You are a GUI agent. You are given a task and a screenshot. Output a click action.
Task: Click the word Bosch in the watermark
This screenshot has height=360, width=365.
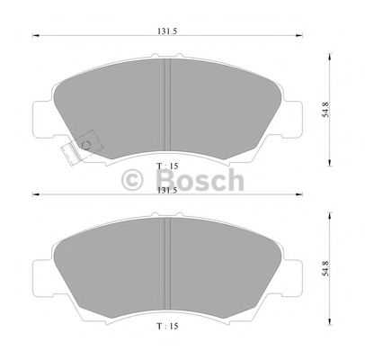click(x=200, y=180)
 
